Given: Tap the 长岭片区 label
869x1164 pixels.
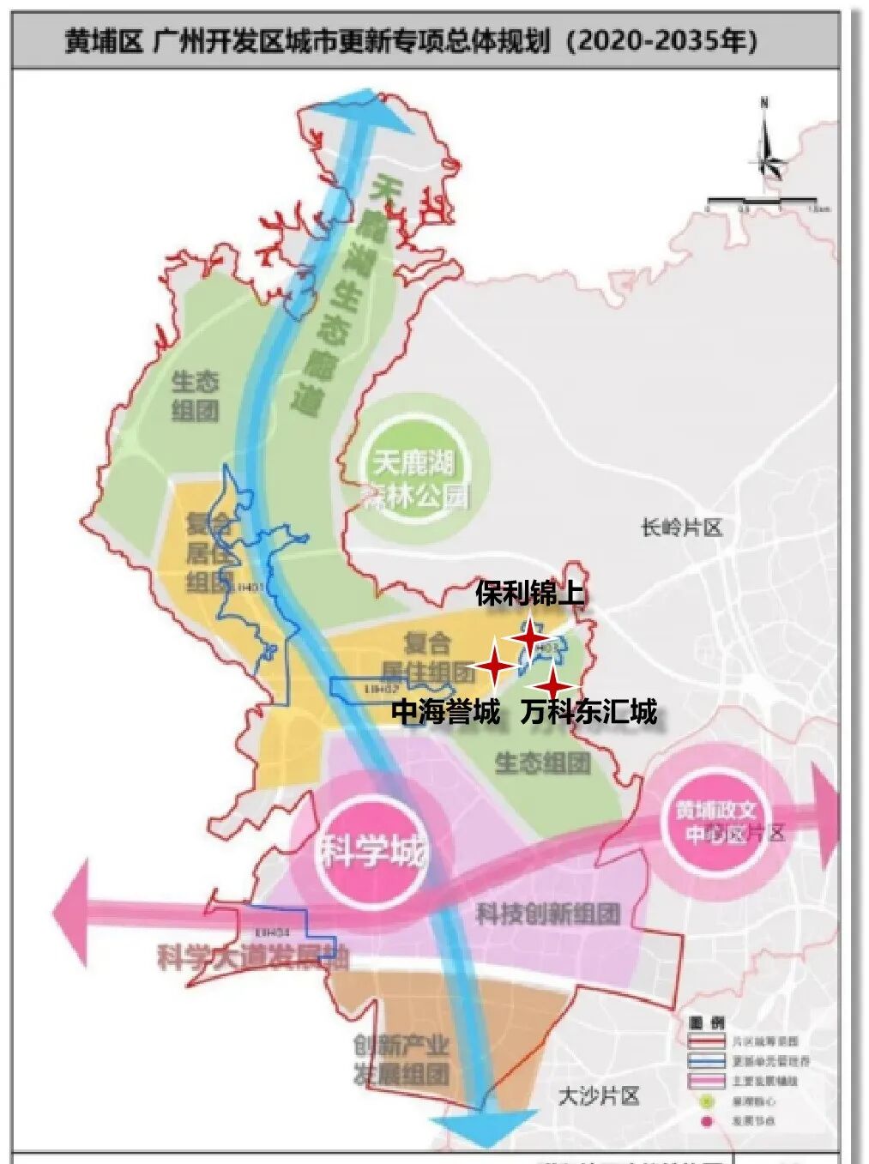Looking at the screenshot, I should click(x=682, y=527).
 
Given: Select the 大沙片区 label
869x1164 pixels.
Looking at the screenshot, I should click(x=599, y=1095).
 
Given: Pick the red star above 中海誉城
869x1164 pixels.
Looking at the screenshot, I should click(x=494, y=667).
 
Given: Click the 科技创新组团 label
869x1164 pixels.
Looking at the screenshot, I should click(x=548, y=914).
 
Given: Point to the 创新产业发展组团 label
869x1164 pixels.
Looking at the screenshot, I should click(x=401, y=1059).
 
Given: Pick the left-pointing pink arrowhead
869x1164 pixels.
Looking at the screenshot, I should click(x=72, y=912).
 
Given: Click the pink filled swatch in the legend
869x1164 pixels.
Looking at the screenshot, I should click(x=706, y=1081).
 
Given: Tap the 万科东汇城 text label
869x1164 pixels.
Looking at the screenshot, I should click(x=588, y=711).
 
